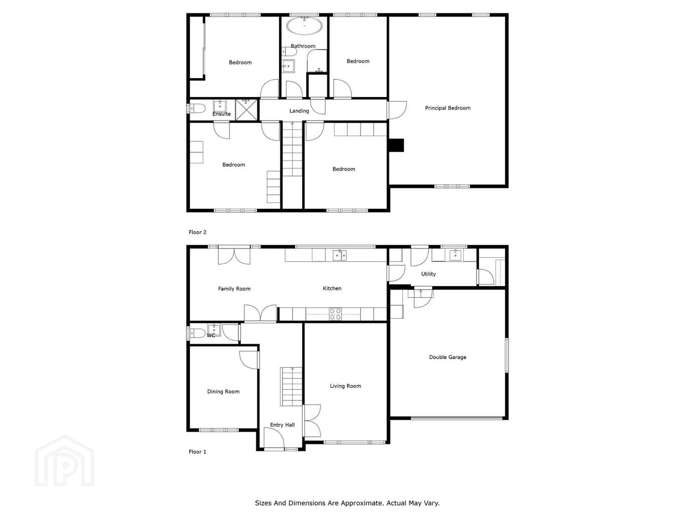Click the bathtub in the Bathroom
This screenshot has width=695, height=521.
[x=304, y=26]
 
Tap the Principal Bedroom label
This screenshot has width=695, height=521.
[x=447, y=108]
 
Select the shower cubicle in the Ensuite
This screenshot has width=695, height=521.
[x=246, y=110]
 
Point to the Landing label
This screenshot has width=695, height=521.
[x=299, y=111]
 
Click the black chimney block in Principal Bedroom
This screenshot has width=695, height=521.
[x=396, y=145]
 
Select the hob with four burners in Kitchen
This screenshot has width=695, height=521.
[x=335, y=314]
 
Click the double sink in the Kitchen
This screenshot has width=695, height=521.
[x=339, y=255]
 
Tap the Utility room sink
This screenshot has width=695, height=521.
[x=455, y=255]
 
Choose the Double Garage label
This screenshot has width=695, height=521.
[x=447, y=357]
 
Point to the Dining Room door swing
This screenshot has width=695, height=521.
[x=249, y=360]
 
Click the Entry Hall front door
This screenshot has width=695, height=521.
[x=274, y=439]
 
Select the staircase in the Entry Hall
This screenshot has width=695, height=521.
[x=292, y=386]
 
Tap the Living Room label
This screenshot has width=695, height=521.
[x=346, y=386]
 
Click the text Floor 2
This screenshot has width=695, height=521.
[x=197, y=232]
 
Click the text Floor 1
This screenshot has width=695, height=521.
[x=197, y=452]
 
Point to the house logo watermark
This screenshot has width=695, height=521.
[x=65, y=461]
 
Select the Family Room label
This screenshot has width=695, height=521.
[x=234, y=289]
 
